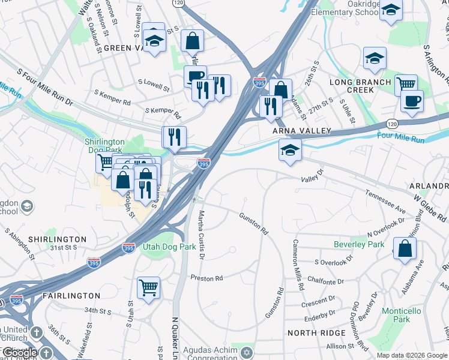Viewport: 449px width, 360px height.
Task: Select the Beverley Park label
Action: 359,245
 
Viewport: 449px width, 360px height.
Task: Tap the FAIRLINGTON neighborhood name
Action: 71,296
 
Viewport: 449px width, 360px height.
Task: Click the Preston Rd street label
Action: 206,278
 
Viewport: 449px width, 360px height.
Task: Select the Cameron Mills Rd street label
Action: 296,265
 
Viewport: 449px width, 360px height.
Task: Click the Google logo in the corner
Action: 19,353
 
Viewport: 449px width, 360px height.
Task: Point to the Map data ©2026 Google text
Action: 411,355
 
